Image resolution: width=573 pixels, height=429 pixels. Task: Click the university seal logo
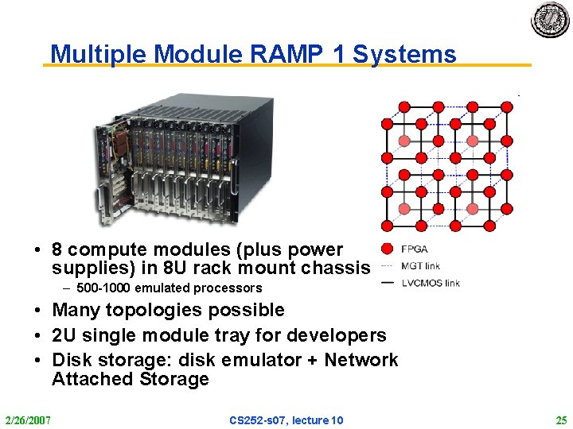point(551,20)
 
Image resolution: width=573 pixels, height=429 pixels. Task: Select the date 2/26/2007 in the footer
point(27,419)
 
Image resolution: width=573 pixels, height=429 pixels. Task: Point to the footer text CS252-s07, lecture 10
point(286,419)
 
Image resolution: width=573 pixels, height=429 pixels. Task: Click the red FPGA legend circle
point(388,249)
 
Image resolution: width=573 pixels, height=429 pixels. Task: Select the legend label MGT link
point(420,266)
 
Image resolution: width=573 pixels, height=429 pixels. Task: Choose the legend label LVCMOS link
point(431,283)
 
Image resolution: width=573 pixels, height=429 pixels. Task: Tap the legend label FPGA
point(415,249)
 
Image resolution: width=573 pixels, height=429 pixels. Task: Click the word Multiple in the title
point(99,54)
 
